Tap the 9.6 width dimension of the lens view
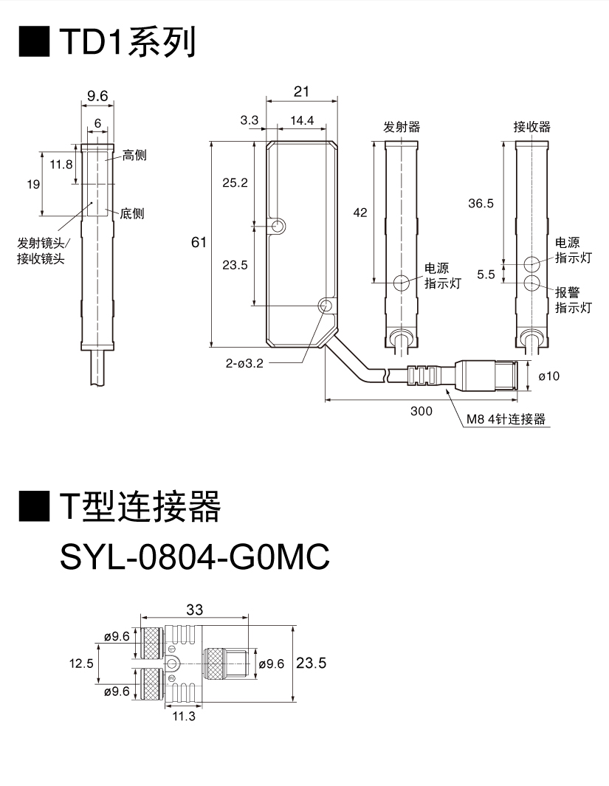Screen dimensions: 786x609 point(97,95)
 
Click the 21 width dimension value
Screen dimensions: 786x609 point(300,92)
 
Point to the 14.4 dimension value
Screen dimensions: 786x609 point(302,120)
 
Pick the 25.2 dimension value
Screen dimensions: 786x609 point(235,182)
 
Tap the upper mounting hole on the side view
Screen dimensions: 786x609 point(278,225)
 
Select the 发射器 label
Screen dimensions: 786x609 point(402,127)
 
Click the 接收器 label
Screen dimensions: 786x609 point(532,127)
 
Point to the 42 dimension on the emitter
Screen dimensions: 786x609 point(360,213)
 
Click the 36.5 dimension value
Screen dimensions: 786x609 point(481,203)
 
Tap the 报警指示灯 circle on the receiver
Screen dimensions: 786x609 point(532,284)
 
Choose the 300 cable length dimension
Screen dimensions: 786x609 point(422,411)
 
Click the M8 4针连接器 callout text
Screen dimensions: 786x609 point(506,419)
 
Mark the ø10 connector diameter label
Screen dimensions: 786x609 point(549,376)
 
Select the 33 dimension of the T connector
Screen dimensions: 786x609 point(195,610)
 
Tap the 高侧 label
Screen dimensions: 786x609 point(134,155)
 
